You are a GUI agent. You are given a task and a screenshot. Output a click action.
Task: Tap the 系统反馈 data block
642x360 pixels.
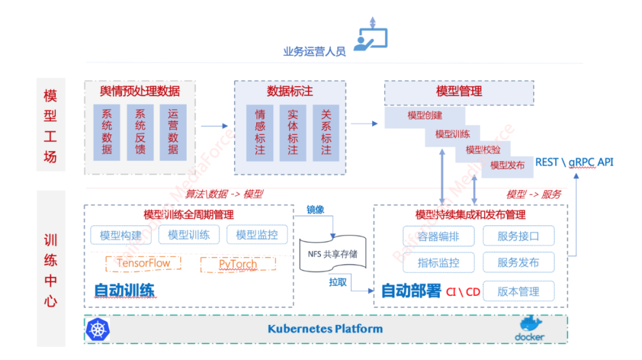[140, 132]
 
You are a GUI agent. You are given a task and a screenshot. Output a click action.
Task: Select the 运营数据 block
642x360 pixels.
[173, 132]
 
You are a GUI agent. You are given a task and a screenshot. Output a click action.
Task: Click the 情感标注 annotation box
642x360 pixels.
[260, 132]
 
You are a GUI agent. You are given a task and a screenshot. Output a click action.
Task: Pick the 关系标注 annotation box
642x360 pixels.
[326, 132]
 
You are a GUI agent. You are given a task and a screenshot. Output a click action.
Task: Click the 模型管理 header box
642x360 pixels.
[459, 92]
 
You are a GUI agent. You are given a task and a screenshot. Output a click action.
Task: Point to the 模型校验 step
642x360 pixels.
[483, 150]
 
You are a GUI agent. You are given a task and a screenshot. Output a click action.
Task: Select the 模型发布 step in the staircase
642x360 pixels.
[507, 165]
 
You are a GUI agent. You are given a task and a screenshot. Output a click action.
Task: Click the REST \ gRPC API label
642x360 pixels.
[574, 162]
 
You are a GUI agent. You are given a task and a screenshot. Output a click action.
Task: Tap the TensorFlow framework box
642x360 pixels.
[143, 264]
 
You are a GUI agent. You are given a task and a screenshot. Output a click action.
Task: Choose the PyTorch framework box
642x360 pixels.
[238, 264]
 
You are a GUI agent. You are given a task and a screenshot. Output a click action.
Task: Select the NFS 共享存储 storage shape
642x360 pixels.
[332, 255]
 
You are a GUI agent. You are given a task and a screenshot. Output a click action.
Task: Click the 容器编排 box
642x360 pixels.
[439, 236]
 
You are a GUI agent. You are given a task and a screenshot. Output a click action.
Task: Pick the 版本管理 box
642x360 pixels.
[518, 291]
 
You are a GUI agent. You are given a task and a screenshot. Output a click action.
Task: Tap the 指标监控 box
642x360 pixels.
[439, 263]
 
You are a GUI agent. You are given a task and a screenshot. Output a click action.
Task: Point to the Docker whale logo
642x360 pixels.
[529, 329]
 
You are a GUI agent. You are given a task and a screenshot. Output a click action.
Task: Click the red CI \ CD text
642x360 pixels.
[463, 292]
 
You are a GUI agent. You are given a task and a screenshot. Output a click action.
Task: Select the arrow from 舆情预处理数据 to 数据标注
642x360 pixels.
[215, 126]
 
